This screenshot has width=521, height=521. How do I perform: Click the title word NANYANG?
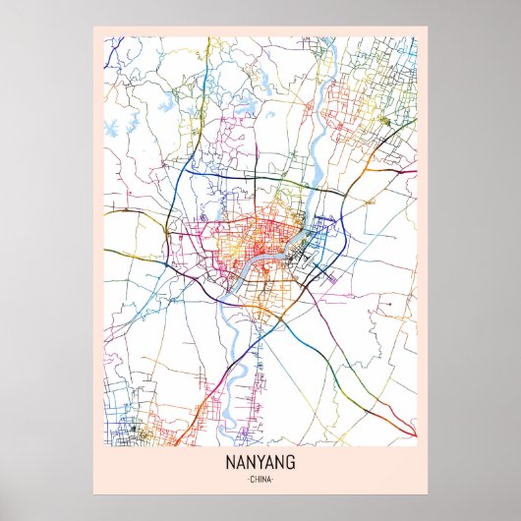pos(260,463)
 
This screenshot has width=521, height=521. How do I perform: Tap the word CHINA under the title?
pos(260,479)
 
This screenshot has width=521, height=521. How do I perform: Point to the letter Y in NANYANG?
pos(261,463)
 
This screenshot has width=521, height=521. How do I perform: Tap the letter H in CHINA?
pos(256,479)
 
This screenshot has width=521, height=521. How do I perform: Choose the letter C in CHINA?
pos(251,479)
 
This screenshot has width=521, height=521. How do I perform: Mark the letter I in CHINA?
pos(260,479)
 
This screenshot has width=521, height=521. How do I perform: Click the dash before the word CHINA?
pos(246,479)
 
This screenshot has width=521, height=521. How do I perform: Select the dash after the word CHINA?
pos(275,479)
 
